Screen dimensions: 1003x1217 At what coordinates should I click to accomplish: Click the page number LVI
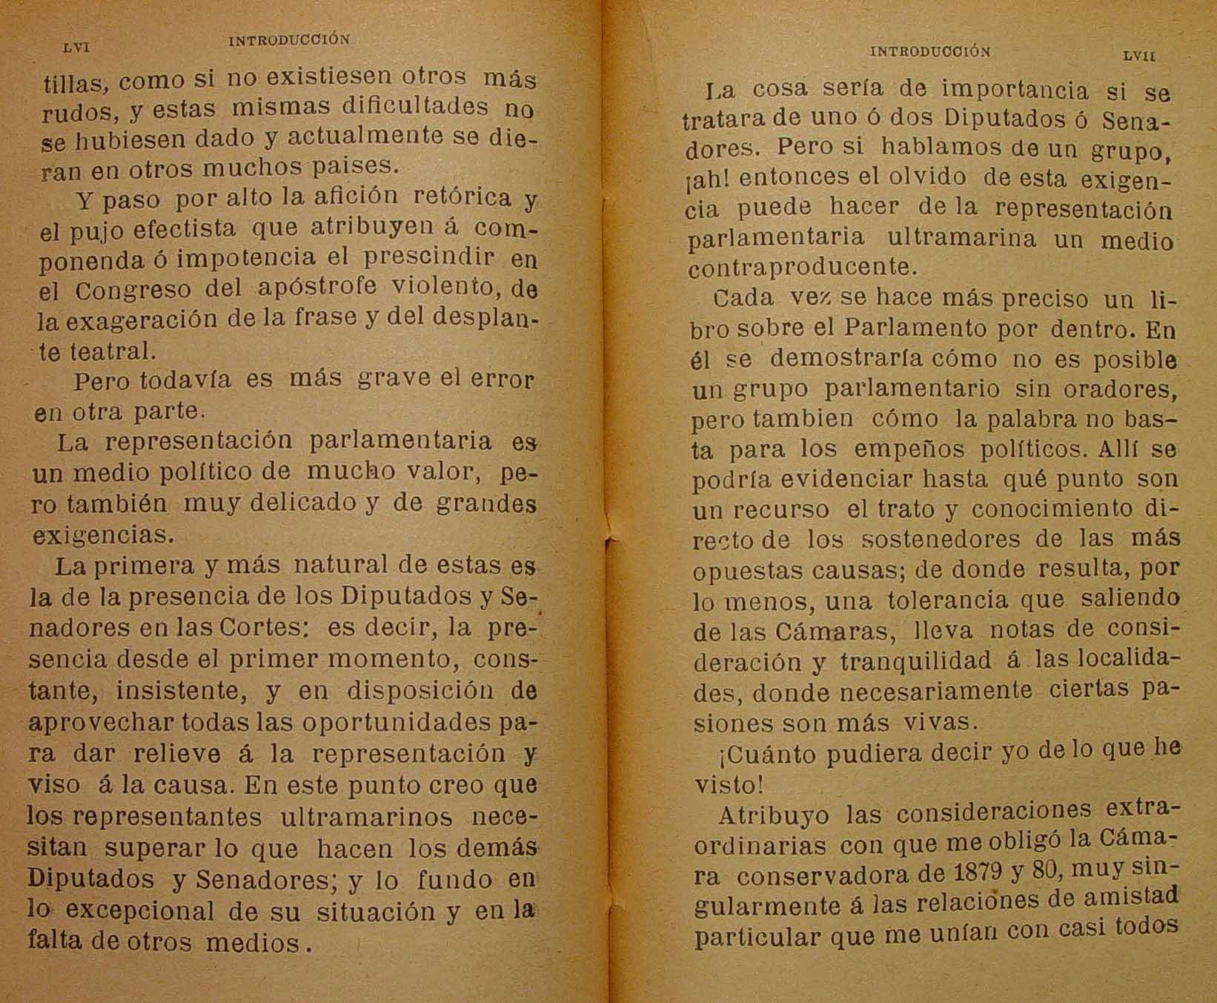[x=76, y=47]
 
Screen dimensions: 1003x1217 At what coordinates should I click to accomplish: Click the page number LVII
[x=1139, y=56]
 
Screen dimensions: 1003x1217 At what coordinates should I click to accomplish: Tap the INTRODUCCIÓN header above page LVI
[x=289, y=41]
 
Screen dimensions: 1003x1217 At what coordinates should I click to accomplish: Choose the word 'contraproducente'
[x=803, y=267]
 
